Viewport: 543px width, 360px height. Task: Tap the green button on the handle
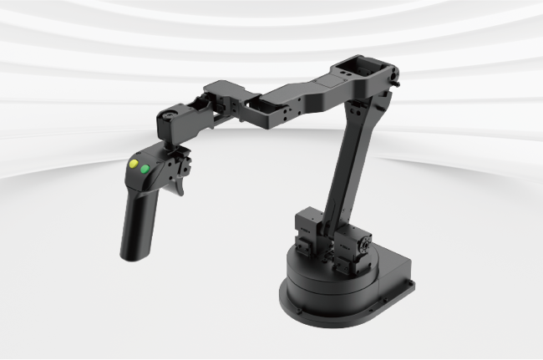click(x=145, y=170)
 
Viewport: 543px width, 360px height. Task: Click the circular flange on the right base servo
click(x=364, y=242)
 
